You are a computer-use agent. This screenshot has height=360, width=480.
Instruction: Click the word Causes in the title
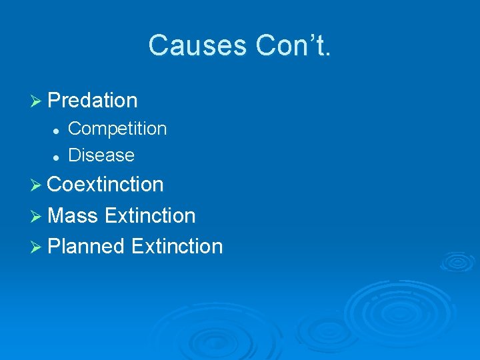coord(197,46)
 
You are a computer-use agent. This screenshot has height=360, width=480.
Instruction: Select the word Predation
coord(93,101)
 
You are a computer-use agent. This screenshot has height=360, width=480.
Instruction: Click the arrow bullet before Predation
coord(38,101)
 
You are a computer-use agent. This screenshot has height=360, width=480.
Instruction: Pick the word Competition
coord(117,128)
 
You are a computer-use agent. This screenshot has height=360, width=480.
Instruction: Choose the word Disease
coord(101,155)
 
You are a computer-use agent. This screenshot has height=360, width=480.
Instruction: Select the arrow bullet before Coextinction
coord(38,185)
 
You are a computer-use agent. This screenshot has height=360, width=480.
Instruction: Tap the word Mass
coord(73,215)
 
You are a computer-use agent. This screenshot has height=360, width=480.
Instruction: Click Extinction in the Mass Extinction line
coord(150,215)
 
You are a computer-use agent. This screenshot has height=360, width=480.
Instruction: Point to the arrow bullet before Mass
coord(38,216)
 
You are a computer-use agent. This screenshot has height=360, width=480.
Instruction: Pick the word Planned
coord(87,246)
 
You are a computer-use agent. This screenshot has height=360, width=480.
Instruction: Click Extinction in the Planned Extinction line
coord(177,246)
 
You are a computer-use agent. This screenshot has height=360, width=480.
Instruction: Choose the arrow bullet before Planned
coord(38,247)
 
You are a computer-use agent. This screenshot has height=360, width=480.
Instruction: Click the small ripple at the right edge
coord(458,261)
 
